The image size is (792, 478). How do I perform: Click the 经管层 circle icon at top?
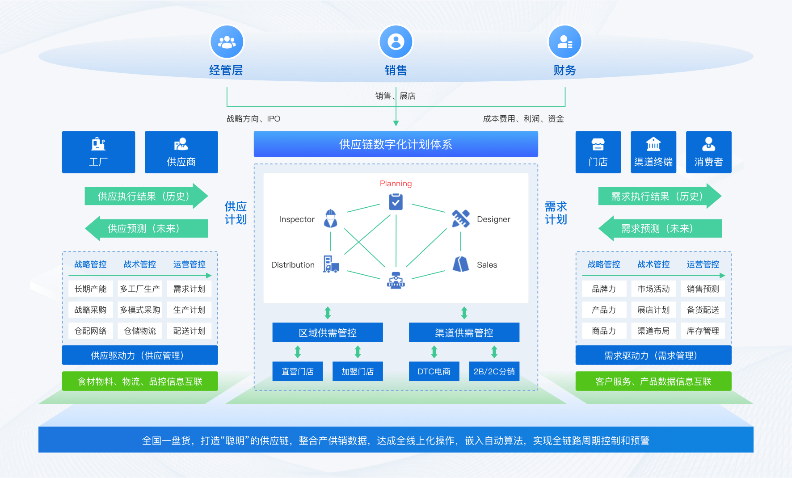(x=227, y=42)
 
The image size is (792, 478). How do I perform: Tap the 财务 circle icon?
(x=565, y=42)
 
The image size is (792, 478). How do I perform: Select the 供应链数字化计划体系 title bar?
(x=396, y=144)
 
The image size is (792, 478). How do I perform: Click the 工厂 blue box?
(x=98, y=152)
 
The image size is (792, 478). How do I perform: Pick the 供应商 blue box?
(x=181, y=152)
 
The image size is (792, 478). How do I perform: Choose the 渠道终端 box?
(x=653, y=152)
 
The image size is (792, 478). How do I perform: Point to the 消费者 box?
(x=708, y=152)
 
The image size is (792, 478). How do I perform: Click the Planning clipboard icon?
(x=396, y=202)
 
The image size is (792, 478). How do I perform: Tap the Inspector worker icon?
(x=330, y=218)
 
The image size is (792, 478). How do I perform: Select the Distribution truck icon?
(x=331, y=264)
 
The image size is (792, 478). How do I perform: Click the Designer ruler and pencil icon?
(x=460, y=218)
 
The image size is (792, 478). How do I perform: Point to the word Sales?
(x=487, y=265)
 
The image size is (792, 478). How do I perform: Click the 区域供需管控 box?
(x=328, y=332)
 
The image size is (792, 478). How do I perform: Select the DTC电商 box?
(x=434, y=371)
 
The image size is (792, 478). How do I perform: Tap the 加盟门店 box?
(x=358, y=371)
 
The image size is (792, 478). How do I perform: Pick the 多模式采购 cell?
(x=140, y=310)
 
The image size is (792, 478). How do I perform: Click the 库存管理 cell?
(x=703, y=331)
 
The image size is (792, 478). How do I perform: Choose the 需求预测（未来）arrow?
(x=659, y=229)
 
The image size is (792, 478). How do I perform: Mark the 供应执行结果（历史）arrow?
(x=145, y=196)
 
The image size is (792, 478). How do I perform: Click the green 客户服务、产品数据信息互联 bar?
(x=653, y=381)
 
